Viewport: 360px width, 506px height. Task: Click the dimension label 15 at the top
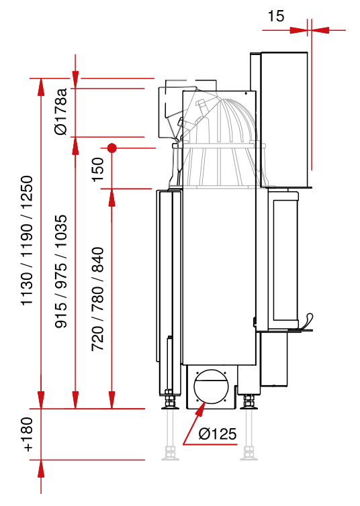click(276, 16)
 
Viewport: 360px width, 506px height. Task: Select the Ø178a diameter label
click(61, 111)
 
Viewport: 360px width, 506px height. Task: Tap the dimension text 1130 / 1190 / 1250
click(27, 240)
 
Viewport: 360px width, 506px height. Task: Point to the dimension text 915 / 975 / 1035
click(61, 271)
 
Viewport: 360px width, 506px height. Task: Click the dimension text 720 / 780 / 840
click(97, 299)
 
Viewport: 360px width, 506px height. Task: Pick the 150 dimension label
click(97, 170)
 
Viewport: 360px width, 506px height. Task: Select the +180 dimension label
click(28, 434)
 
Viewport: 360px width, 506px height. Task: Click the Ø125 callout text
click(218, 434)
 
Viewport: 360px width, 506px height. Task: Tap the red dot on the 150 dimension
click(111, 148)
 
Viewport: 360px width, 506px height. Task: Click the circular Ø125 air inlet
click(211, 387)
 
